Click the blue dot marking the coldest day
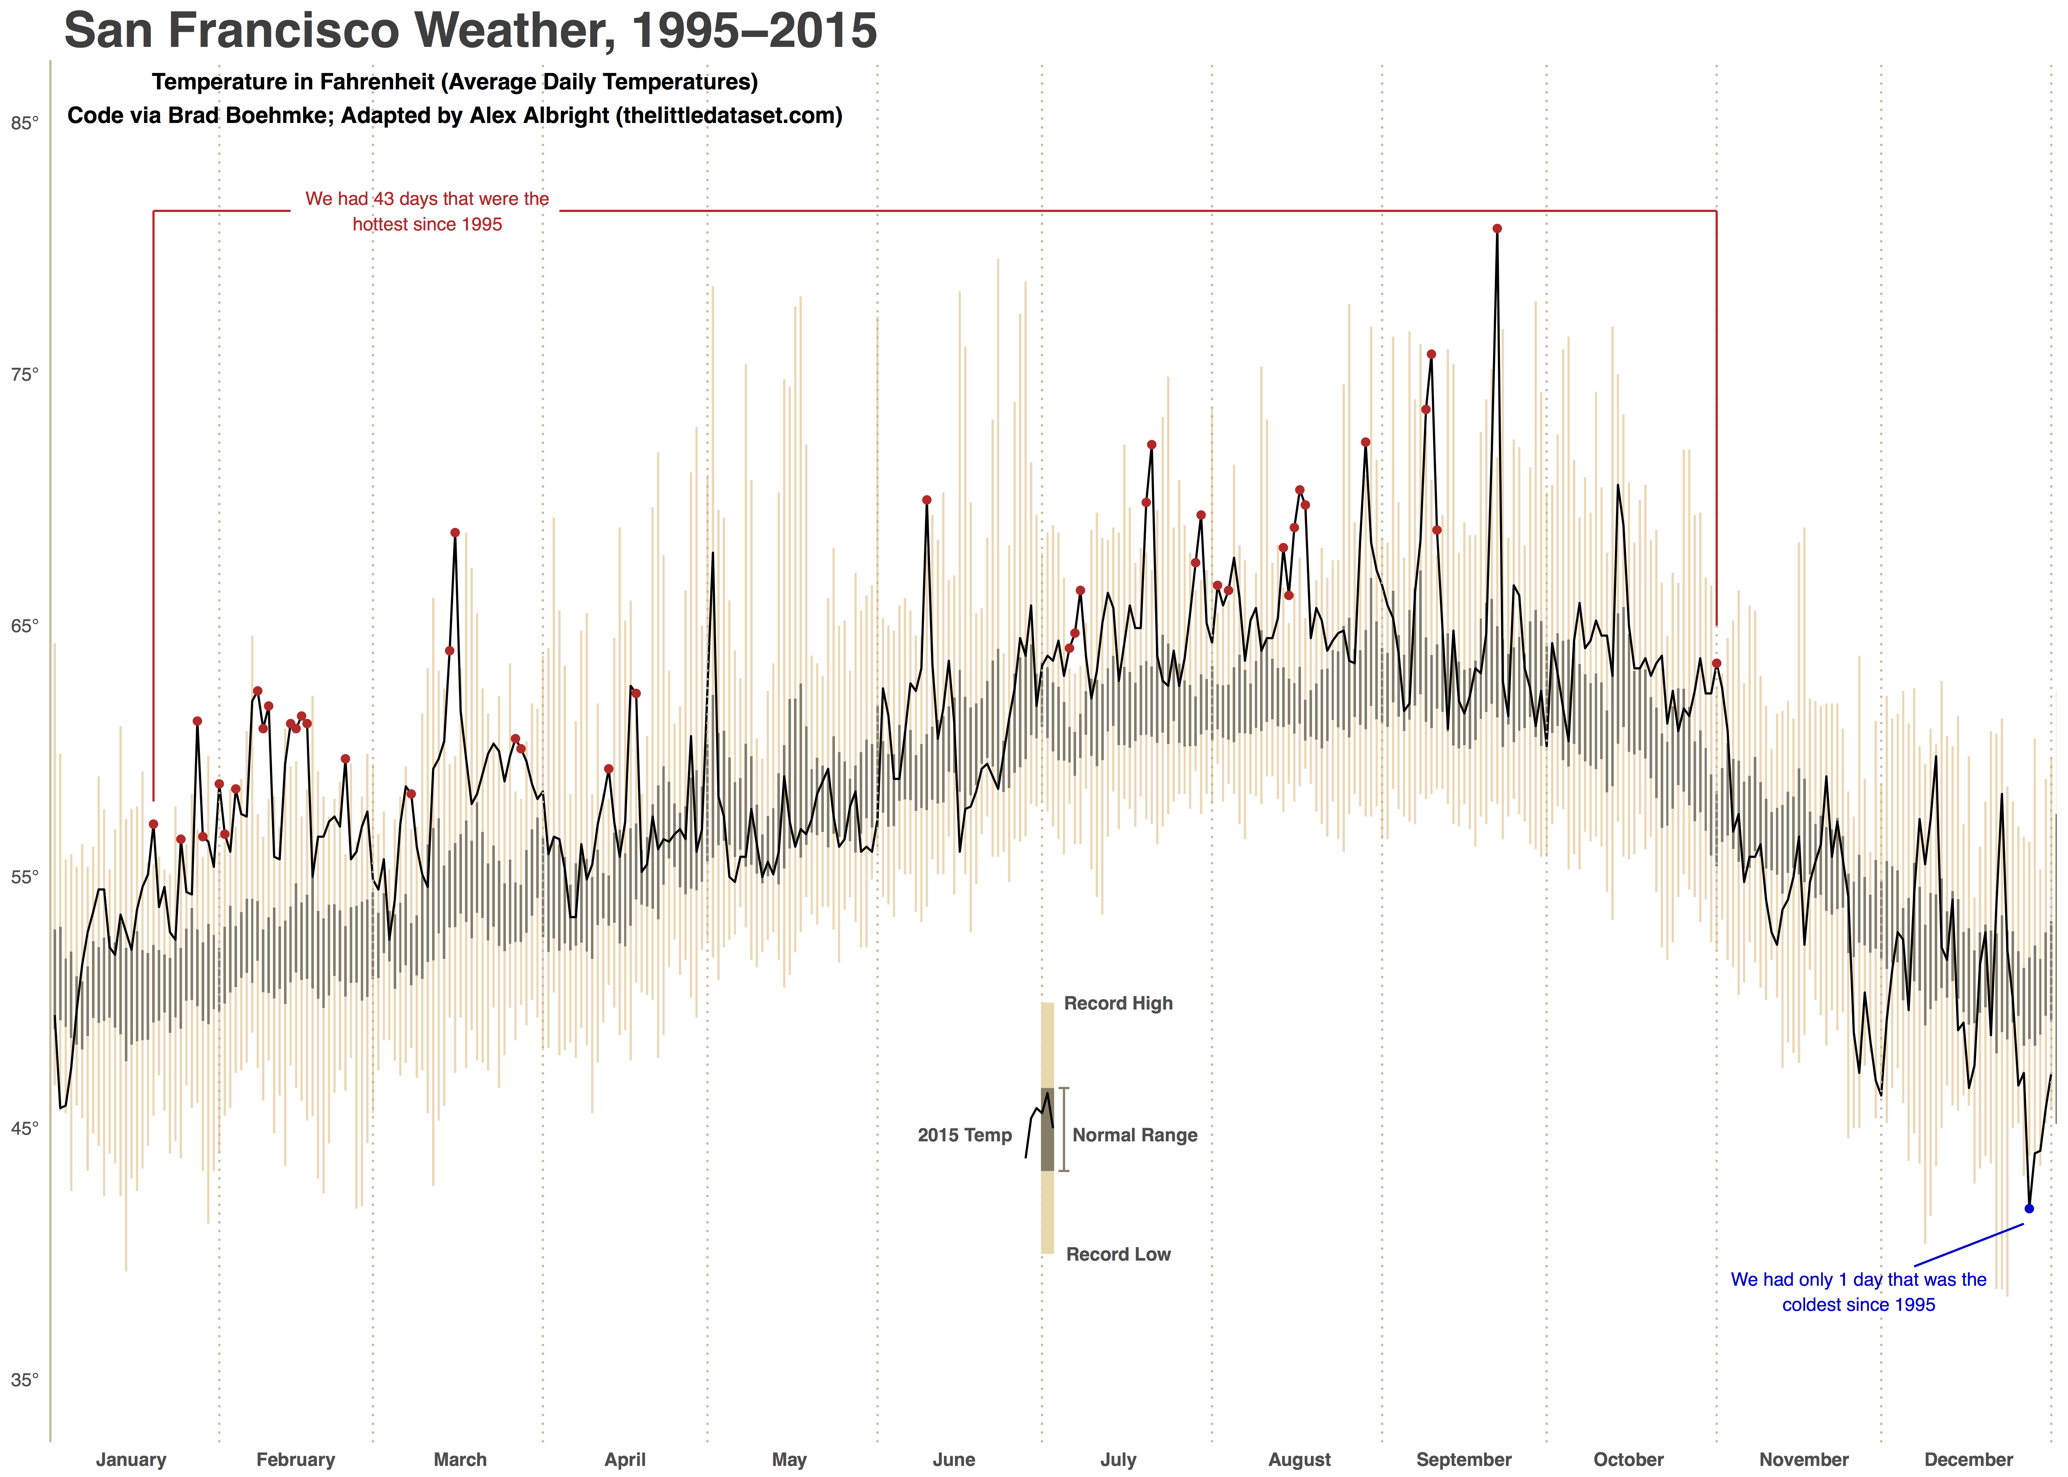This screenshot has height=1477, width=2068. pyautogui.click(x=2029, y=1209)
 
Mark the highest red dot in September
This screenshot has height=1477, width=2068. pyautogui.click(x=1497, y=229)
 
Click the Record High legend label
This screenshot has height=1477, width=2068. pyautogui.click(x=1118, y=1003)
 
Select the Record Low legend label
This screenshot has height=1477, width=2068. pyautogui.click(x=1118, y=1254)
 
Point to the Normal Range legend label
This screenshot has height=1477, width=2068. pyautogui.click(x=1134, y=1135)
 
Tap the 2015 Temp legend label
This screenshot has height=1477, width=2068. pyautogui.click(x=964, y=1135)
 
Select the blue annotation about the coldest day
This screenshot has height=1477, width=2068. pyautogui.click(x=1858, y=1292)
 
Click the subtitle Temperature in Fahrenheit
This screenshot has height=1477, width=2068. pyautogui.click(x=455, y=82)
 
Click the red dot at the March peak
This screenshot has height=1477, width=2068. pyautogui.click(x=455, y=533)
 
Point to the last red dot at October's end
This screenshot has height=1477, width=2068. pyautogui.click(x=1716, y=664)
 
